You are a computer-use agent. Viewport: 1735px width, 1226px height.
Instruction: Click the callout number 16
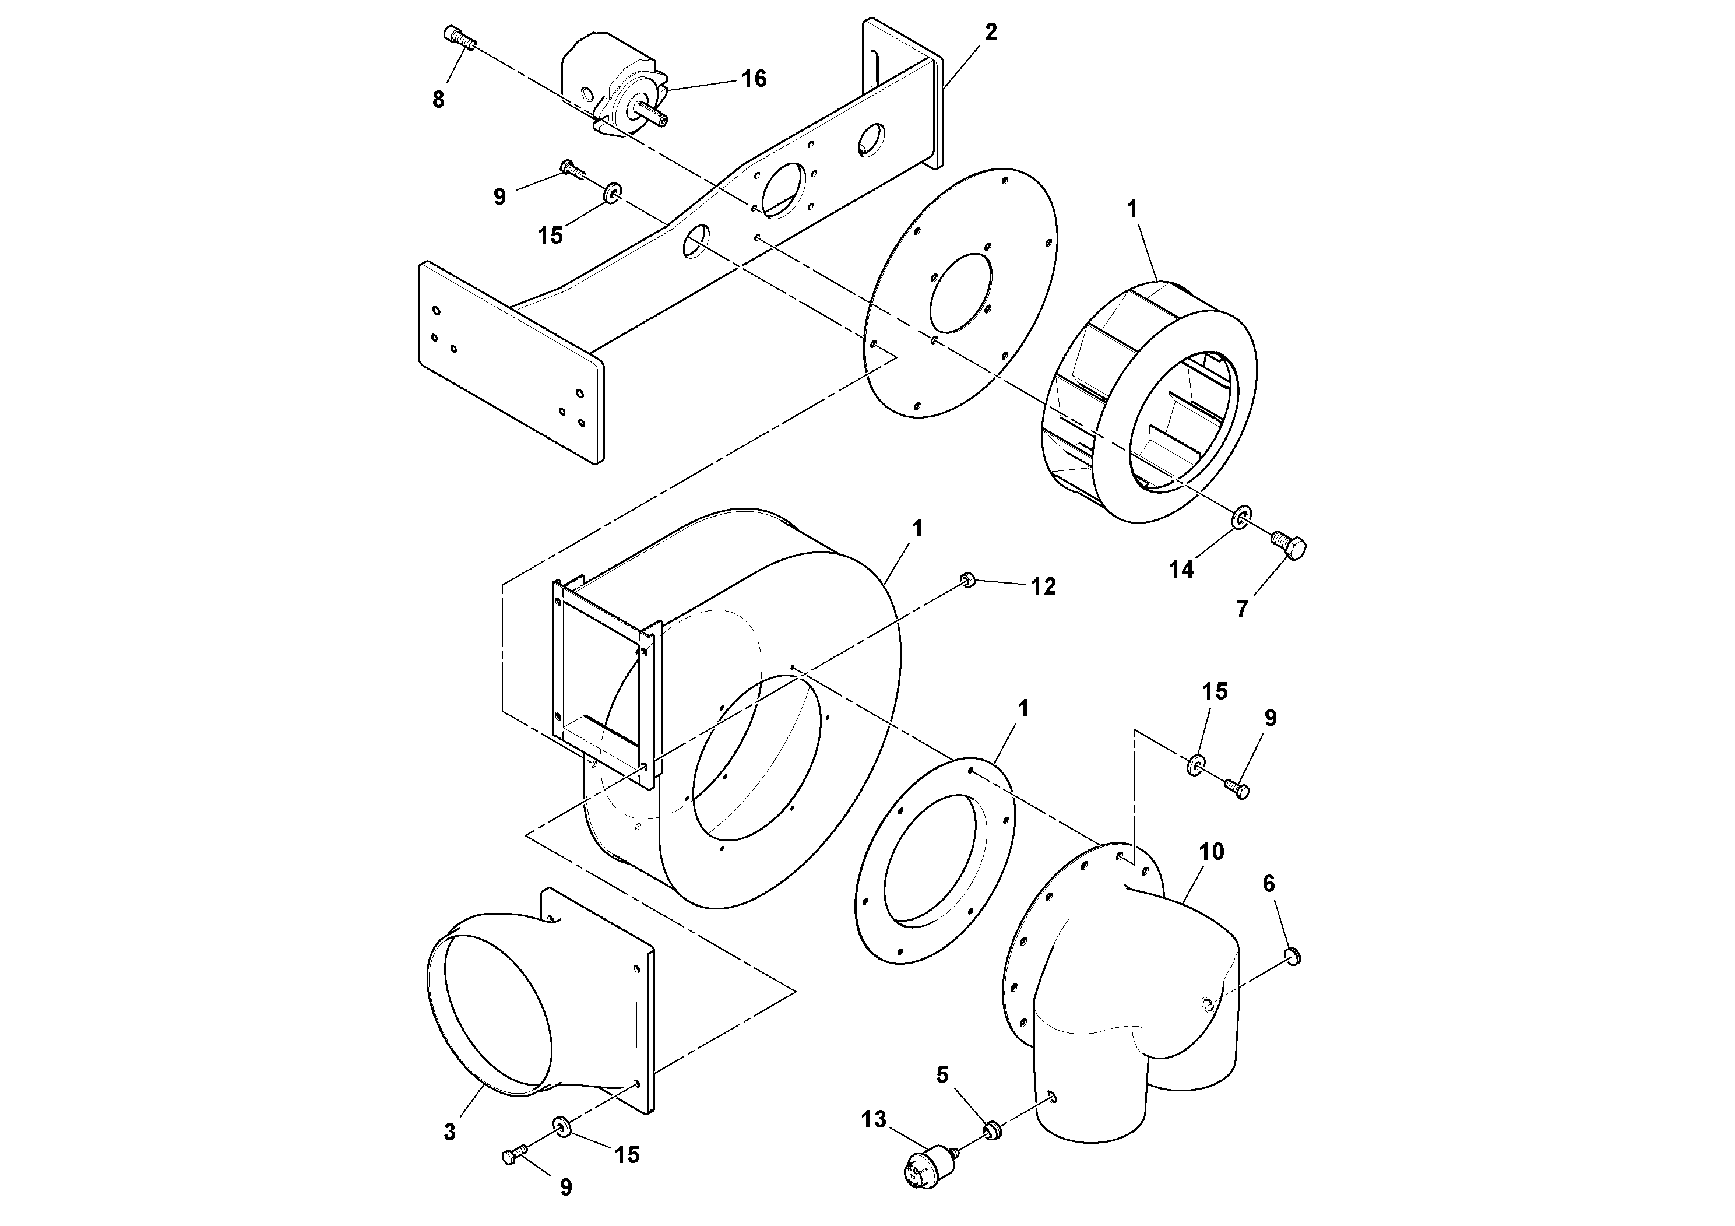pyautogui.click(x=754, y=79)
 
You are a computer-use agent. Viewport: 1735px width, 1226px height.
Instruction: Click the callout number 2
pyautogui.click(x=990, y=33)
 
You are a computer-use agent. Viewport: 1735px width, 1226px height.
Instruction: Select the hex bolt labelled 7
pyautogui.click(x=1290, y=546)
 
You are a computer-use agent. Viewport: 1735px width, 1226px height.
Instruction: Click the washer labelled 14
pyautogui.click(x=1241, y=518)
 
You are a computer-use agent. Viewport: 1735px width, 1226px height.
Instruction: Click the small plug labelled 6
pyautogui.click(x=1293, y=958)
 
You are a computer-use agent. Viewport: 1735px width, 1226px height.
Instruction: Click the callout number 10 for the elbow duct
pyautogui.click(x=1211, y=852)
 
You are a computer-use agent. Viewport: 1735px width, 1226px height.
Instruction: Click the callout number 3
pyautogui.click(x=449, y=1132)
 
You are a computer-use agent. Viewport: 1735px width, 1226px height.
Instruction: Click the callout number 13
pyautogui.click(x=874, y=1119)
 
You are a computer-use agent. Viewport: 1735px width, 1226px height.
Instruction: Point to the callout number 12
pyautogui.click(x=1044, y=586)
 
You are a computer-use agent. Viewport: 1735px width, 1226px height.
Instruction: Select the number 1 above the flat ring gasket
pyautogui.click(x=1024, y=708)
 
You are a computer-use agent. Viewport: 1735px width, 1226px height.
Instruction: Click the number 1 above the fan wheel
pyautogui.click(x=1132, y=209)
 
